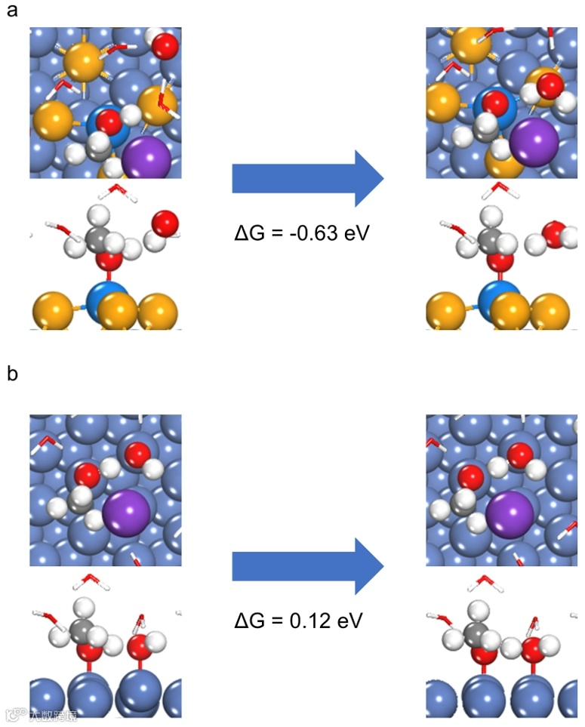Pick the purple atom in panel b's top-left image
[x=127, y=513]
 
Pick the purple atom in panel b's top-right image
[x=510, y=515]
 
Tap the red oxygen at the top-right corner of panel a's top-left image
[x=165, y=46]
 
